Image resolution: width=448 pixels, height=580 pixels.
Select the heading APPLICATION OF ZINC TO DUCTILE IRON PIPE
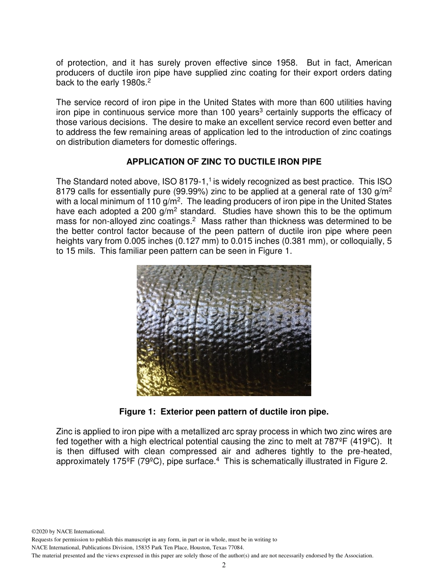[224, 162]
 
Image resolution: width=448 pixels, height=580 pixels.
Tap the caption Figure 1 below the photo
[224, 412]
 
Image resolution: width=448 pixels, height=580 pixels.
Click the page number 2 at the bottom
[224, 565]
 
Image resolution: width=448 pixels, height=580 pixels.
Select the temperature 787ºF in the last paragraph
[331, 441]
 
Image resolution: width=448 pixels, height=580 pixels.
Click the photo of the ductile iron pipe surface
[224, 330]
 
